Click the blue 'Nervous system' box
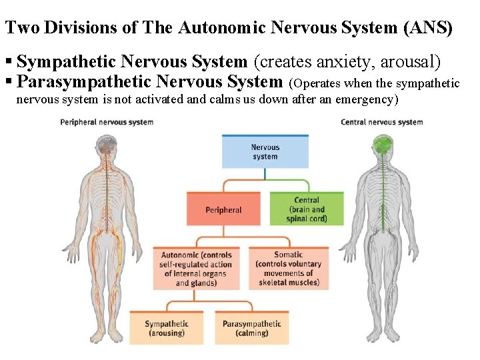[265, 152]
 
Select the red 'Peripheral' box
[223, 210]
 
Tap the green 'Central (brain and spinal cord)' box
[307, 209]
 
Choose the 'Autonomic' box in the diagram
[196, 269]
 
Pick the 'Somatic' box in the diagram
[288, 269]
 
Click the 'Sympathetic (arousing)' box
[167, 328]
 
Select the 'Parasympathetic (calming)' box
[251, 328]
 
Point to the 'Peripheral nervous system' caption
[107, 122]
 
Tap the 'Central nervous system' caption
[381, 122]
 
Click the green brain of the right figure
[382, 145]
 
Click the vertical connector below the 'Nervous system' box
[265, 174]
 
